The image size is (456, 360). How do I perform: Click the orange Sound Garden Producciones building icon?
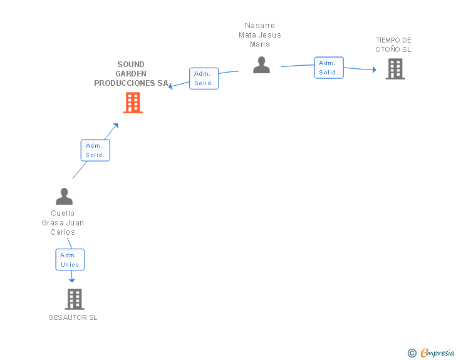click(133, 103)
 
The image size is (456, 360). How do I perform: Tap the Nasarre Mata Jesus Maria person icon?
click(261, 65)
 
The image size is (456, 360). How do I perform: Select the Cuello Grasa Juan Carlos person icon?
click(65, 197)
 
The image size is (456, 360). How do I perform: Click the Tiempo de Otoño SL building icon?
click(395, 69)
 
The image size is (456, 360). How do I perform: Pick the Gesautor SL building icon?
click(75, 299)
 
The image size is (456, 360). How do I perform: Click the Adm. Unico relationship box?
click(70, 259)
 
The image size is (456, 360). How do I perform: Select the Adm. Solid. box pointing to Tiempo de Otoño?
click(329, 68)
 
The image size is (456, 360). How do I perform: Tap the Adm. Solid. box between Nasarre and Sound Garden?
click(204, 78)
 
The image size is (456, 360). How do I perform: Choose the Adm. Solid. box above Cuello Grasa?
click(95, 150)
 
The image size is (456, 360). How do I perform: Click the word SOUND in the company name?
click(131, 64)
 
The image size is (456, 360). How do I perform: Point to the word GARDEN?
click(131, 74)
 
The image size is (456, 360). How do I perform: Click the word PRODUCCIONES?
click(125, 83)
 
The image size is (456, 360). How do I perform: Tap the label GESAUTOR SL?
click(73, 317)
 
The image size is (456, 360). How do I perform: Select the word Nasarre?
click(260, 26)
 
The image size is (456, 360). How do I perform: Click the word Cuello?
click(63, 213)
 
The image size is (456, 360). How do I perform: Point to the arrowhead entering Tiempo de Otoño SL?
click(375, 69)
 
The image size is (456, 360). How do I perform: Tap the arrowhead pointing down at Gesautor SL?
click(72, 280)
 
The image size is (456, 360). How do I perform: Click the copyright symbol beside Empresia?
click(412, 353)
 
